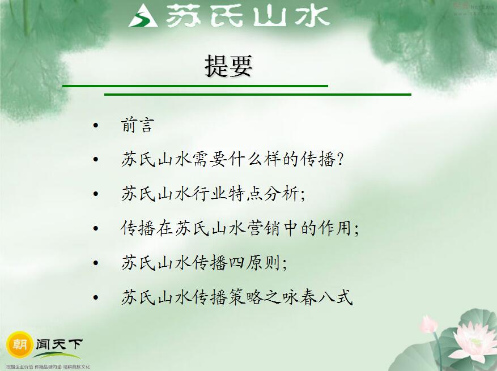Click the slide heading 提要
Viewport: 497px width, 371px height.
[228, 66]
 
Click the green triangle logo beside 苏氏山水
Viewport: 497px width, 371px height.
[143, 16]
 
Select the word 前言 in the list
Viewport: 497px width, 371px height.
[137, 125]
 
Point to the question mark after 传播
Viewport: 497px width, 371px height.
[340, 160]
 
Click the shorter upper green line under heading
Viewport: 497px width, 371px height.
[195, 86]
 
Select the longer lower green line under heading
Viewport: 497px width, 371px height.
[258, 95]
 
